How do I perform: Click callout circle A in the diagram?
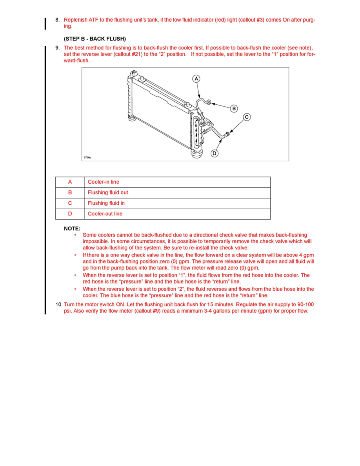pyautogui.click(x=196, y=79)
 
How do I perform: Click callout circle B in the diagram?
pyautogui.click(x=234, y=108)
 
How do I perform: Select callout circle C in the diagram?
pyautogui.click(x=247, y=117)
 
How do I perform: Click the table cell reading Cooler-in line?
pyautogui.click(x=104, y=182)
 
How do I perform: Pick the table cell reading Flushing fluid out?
pyautogui.click(x=108, y=193)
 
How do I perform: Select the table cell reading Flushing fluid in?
pyautogui.click(x=106, y=203)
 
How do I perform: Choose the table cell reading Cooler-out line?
pyautogui.click(x=105, y=214)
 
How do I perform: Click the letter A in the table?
pyautogui.click(x=70, y=182)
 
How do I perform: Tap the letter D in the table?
pyautogui.click(x=70, y=214)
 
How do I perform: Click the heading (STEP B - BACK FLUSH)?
pyautogui.click(x=95, y=39)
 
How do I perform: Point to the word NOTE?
pyautogui.click(x=72, y=228)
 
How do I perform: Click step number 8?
pyautogui.click(x=57, y=20)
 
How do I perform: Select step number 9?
pyautogui.click(x=57, y=48)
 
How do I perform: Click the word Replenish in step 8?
pyautogui.click(x=76, y=20)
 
